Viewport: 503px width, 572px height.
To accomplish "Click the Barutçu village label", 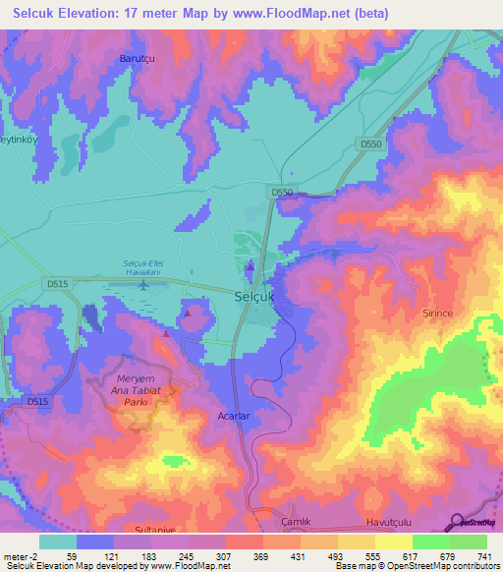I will (x=138, y=59).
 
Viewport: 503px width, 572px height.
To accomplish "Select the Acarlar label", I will (x=235, y=417).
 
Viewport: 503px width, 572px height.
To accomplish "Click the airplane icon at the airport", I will (x=145, y=286).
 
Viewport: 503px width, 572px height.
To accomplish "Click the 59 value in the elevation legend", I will (x=73, y=556).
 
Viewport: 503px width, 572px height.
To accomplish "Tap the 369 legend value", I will (x=261, y=556).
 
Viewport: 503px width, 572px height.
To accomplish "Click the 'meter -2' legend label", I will (x=21, y=556).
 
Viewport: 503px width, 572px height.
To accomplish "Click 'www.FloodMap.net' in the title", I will (x=301, y=14).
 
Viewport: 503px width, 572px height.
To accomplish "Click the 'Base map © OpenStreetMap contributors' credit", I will (x=418, y=566).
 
